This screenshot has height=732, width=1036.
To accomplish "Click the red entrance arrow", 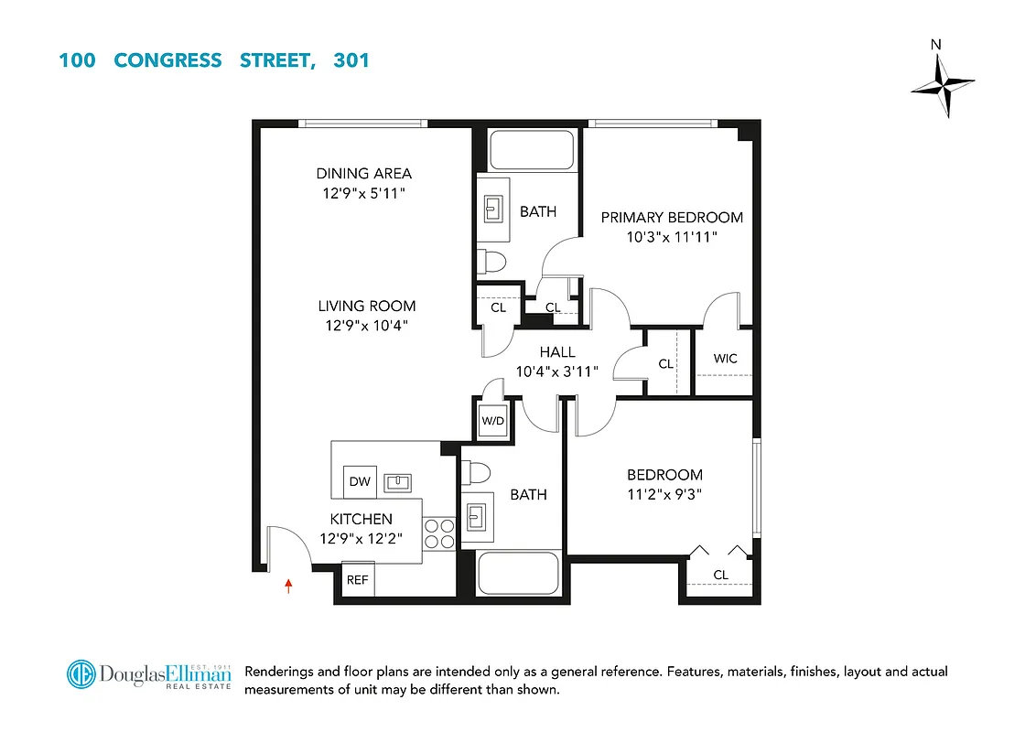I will [x=289, y=586].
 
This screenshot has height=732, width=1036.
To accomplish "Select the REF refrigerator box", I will [x=357, y=579].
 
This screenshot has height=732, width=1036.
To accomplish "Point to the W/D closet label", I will [x=492, y=422].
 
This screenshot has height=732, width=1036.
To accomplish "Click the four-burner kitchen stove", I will [x=440, y=533].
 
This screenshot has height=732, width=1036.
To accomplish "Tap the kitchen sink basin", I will [x=398, y=481].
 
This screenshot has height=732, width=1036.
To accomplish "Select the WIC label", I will [x=725, y=359].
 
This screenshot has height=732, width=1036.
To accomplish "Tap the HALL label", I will [x=557, y=352].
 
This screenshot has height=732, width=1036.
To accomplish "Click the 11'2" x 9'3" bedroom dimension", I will [x=664, y=492].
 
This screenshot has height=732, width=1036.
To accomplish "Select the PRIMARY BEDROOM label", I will [x=672, y=217].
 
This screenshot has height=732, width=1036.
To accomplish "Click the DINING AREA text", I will [x=364, y=173].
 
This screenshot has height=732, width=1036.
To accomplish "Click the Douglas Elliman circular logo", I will [x=81, y=675].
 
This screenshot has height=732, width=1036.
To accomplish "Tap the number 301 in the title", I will [x=352, y=61].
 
